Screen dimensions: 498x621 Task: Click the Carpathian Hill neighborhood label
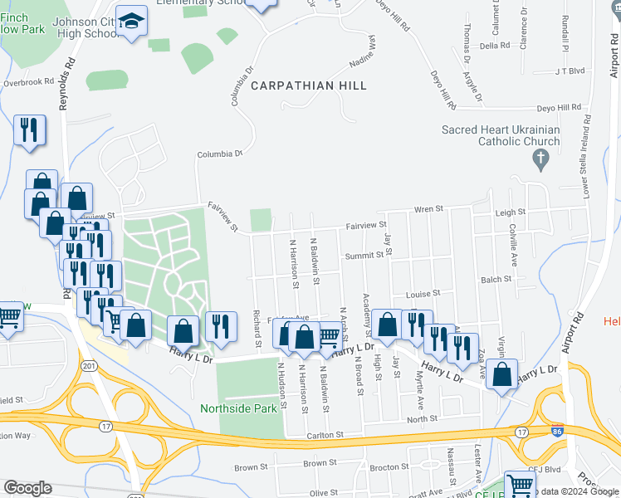pyautogui.click(x=309, y=85)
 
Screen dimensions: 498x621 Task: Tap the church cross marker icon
pyautogui.click(x=540, y=159)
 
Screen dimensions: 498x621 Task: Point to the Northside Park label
pyautogui.click(x=237, y=408)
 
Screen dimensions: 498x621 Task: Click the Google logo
pyautogui.click(x=27, y=488)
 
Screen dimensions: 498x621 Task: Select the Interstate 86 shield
pyautogui.click(x=555, y=432)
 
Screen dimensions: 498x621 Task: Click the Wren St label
pyautogui.click(x=429, y=210)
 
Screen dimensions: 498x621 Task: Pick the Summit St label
pyautogui.click(x=364, y=256)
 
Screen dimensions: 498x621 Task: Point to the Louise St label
pyautogui.click(x=422, y=294)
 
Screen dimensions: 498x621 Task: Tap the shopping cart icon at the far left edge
pyautogui.click(x=8, y=315)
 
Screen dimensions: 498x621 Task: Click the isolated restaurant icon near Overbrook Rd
pyautogui.click(x=30, y=130)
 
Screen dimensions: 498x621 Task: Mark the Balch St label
pyautogui.click(x=496, y=280)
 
